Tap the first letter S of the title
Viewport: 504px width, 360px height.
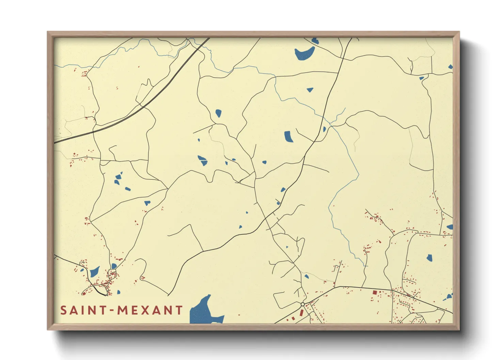click(x=64, y=310)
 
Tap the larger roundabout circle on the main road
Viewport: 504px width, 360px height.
click(x=302, y=304)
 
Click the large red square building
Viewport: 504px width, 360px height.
click(x=375, y=292)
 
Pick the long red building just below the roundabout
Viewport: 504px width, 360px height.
click(x=302, y=313)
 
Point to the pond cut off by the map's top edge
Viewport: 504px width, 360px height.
click(x=315, y=41)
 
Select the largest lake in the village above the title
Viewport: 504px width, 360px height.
click(x=94, y=272)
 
